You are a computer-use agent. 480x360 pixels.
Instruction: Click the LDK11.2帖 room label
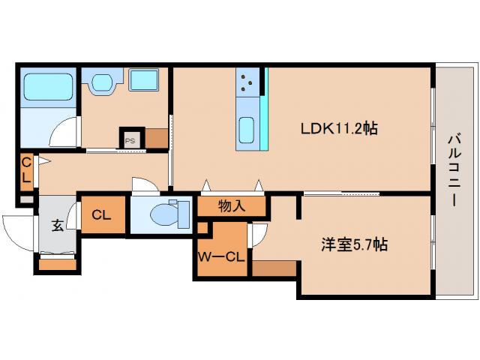click(339, 128)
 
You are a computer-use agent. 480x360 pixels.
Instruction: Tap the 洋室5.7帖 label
click(354, 244)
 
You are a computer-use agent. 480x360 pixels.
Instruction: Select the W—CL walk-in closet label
click(220, 257)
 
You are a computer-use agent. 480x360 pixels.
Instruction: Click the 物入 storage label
click(232, 205)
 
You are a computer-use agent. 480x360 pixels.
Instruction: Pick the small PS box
click(130, 139)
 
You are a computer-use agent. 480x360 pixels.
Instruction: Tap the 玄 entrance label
click(58, 225)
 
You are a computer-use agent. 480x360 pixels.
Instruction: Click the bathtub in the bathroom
click(47, 87)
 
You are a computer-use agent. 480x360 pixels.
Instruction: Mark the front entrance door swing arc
click(16, 229)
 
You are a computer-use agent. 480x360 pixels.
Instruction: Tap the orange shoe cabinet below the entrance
click(58, 263)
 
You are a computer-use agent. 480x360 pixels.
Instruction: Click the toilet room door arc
click(142, 184)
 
